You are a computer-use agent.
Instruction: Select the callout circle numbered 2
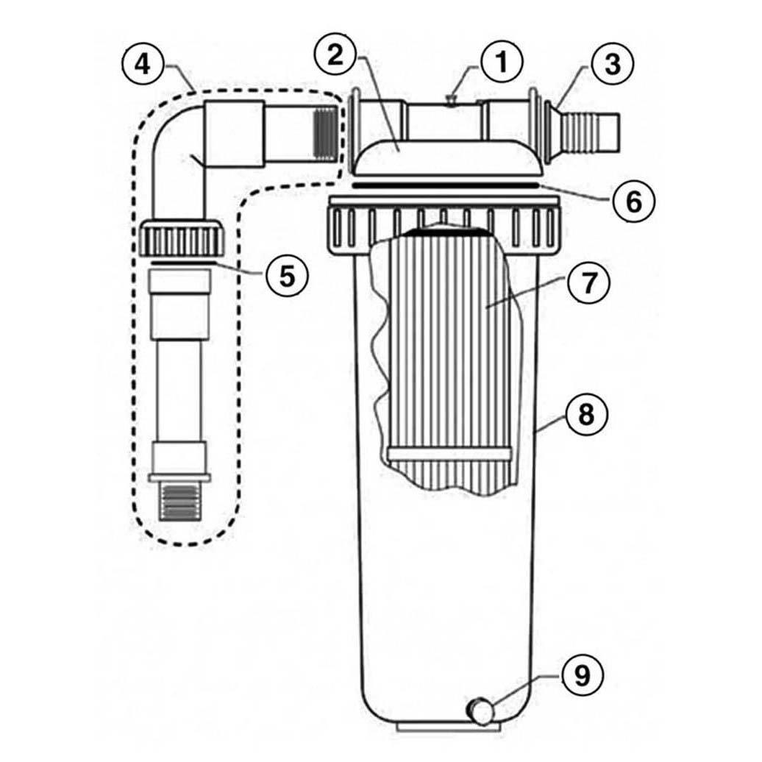tap(335, 54)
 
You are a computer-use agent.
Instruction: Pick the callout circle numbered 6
tap(633, 200)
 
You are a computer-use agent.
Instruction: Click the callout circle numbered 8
tap(585, 415)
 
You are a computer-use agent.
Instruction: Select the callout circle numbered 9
tap(582, 675)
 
